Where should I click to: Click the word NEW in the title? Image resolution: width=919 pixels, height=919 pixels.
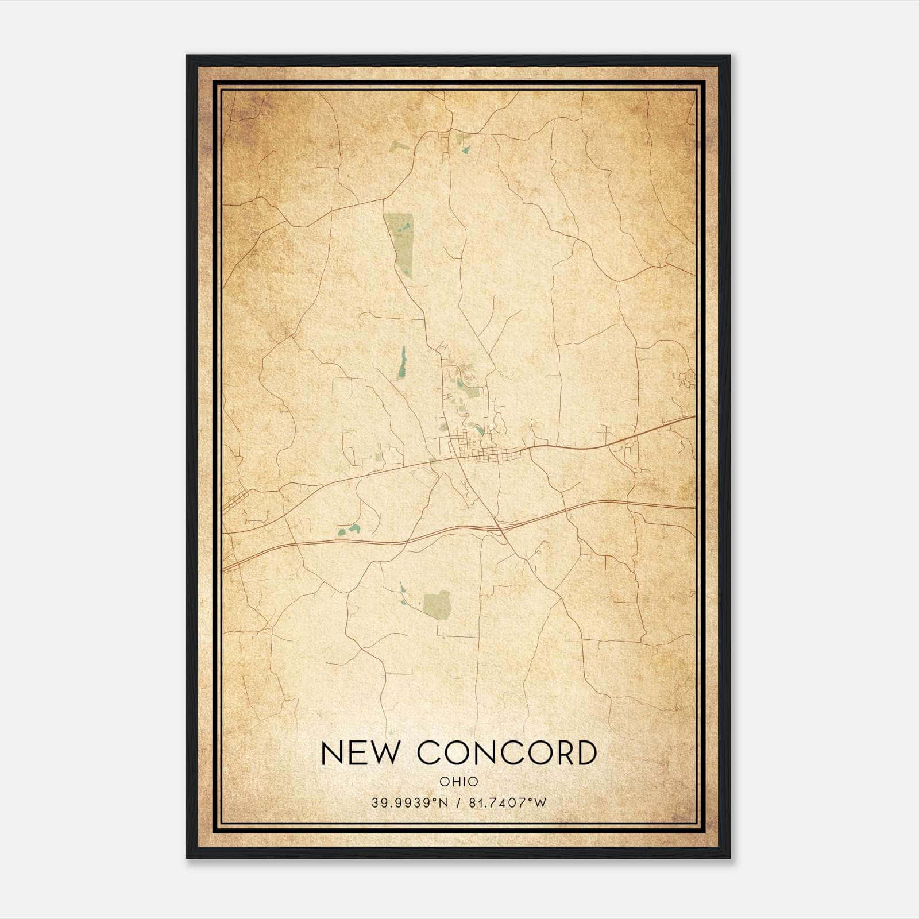358,753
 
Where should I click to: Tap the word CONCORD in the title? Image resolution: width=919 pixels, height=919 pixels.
506,753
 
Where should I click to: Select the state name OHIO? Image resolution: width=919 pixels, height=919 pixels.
459,781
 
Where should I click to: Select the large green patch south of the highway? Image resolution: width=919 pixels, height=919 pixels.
438,603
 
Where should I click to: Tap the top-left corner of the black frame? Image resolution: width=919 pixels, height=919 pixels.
187,56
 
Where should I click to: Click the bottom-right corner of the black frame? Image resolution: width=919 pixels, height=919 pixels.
729,858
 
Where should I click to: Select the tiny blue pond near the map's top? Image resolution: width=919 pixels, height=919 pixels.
465,150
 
